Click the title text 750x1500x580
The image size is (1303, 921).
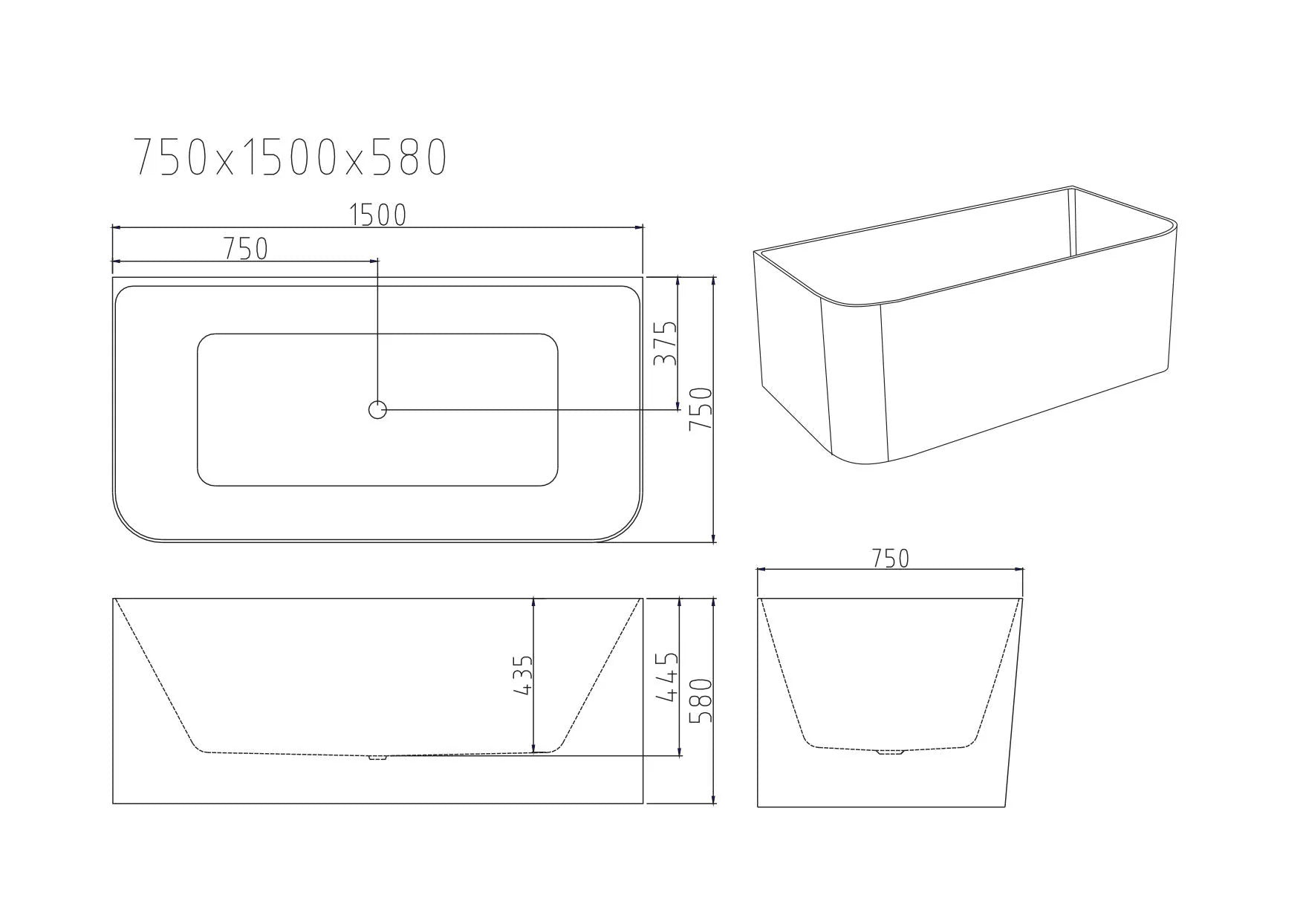pos(290,157)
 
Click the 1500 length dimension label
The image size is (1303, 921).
pos(378,215)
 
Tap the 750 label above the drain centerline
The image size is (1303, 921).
pos(246,249)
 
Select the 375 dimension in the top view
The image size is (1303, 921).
pos(666,342)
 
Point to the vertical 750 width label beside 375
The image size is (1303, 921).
pos(701,409)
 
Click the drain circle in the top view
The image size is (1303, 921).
pos(377,409)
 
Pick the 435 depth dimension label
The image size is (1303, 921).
pos(523,674)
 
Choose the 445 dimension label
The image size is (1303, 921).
pos(669,677)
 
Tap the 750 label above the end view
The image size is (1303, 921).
pos(890,559)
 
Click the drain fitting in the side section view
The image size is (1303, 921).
pos(378,758)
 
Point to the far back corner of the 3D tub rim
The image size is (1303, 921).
pos(1072,187)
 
